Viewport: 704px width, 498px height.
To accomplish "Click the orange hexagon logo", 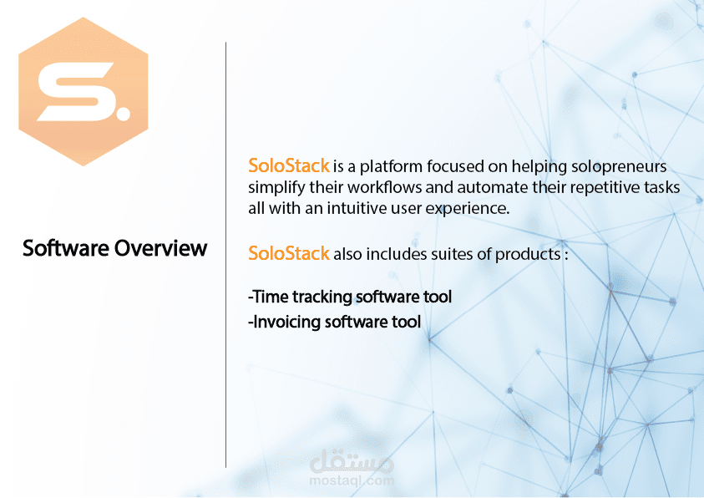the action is (x=83, y=92).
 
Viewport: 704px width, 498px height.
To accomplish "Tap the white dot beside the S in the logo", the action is (x=122, y=112).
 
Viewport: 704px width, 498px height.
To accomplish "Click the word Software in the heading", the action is (x=65, y=248).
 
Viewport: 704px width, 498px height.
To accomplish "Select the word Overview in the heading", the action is (x=160, y=248).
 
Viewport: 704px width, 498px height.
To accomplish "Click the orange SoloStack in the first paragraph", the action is (x=289, y=165).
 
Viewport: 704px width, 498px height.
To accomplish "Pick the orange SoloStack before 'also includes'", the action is (x=289, y=254).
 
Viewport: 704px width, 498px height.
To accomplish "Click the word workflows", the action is (x=384, y=187).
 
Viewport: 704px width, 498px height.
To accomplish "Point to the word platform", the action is (x=391, y=167).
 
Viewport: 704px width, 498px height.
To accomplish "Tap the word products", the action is (x=528, y=255).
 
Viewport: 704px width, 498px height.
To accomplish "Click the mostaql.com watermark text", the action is (x=352, y=481).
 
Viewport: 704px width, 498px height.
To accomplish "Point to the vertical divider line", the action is (x=225, y=255).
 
